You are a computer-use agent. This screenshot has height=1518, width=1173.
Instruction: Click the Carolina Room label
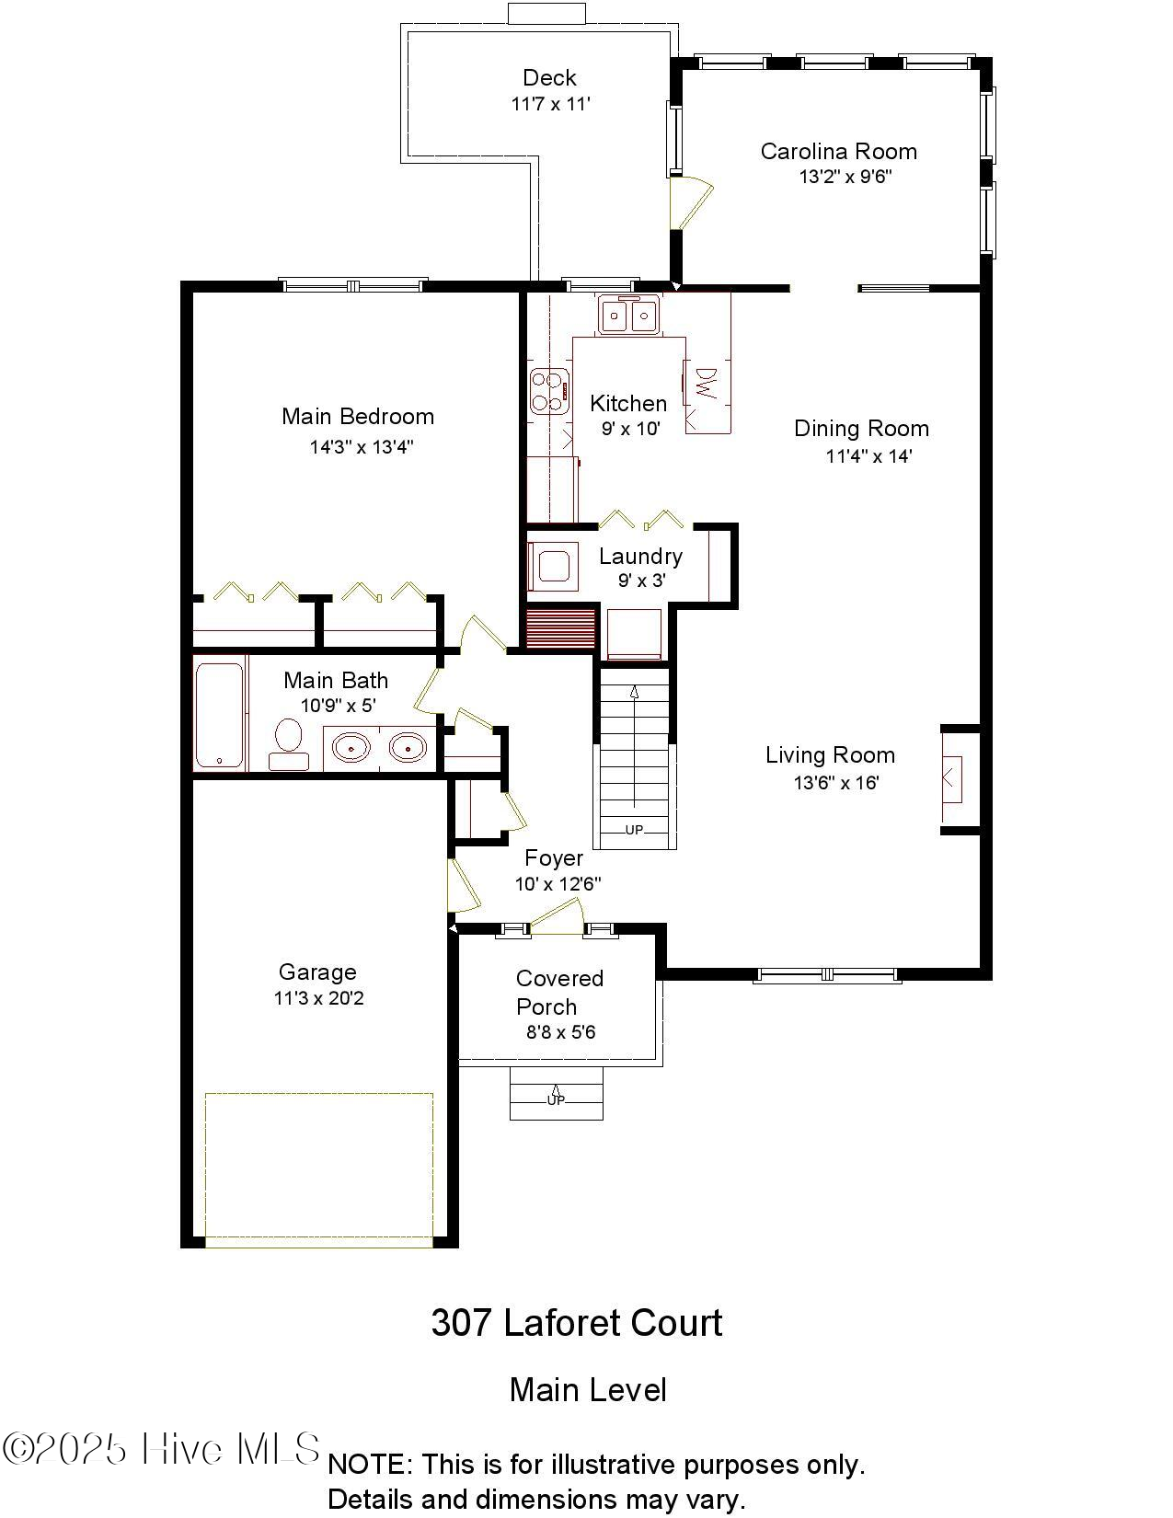(838, 151)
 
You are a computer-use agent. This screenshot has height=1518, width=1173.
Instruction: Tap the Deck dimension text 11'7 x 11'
(550, 104)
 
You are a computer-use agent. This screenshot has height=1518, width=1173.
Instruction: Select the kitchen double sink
(629, 316)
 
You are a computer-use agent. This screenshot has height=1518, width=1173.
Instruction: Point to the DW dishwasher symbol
(707, 383)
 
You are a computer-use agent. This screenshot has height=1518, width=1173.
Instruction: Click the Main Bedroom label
(358, 416)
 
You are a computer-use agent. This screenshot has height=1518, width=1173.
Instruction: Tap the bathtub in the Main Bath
(220, 714)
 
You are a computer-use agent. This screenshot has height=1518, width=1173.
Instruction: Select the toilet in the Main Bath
(289, 742)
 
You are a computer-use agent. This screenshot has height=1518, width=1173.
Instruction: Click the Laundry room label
(640, 556)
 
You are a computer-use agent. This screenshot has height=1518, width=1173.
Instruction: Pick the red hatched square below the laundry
(560, 627)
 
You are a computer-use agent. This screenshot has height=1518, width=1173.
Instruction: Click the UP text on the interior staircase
(634, 830)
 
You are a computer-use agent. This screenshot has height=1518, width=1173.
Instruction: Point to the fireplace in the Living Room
(952, 778)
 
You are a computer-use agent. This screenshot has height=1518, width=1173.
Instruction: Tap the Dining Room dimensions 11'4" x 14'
(868, 455)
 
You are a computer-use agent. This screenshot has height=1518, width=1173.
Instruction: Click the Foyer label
(554, 857)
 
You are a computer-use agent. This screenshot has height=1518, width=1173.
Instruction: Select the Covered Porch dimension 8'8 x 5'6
(560, 1032)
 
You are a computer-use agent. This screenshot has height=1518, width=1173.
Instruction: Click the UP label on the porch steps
(556, 1099)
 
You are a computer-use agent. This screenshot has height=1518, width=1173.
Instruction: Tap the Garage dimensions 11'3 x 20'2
(318, 998)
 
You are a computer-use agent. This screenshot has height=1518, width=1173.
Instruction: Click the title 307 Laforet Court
(577, 1323)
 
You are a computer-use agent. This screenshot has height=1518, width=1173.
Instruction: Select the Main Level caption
(588, 1389)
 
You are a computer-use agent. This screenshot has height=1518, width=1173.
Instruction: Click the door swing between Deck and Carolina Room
(692, 201)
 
